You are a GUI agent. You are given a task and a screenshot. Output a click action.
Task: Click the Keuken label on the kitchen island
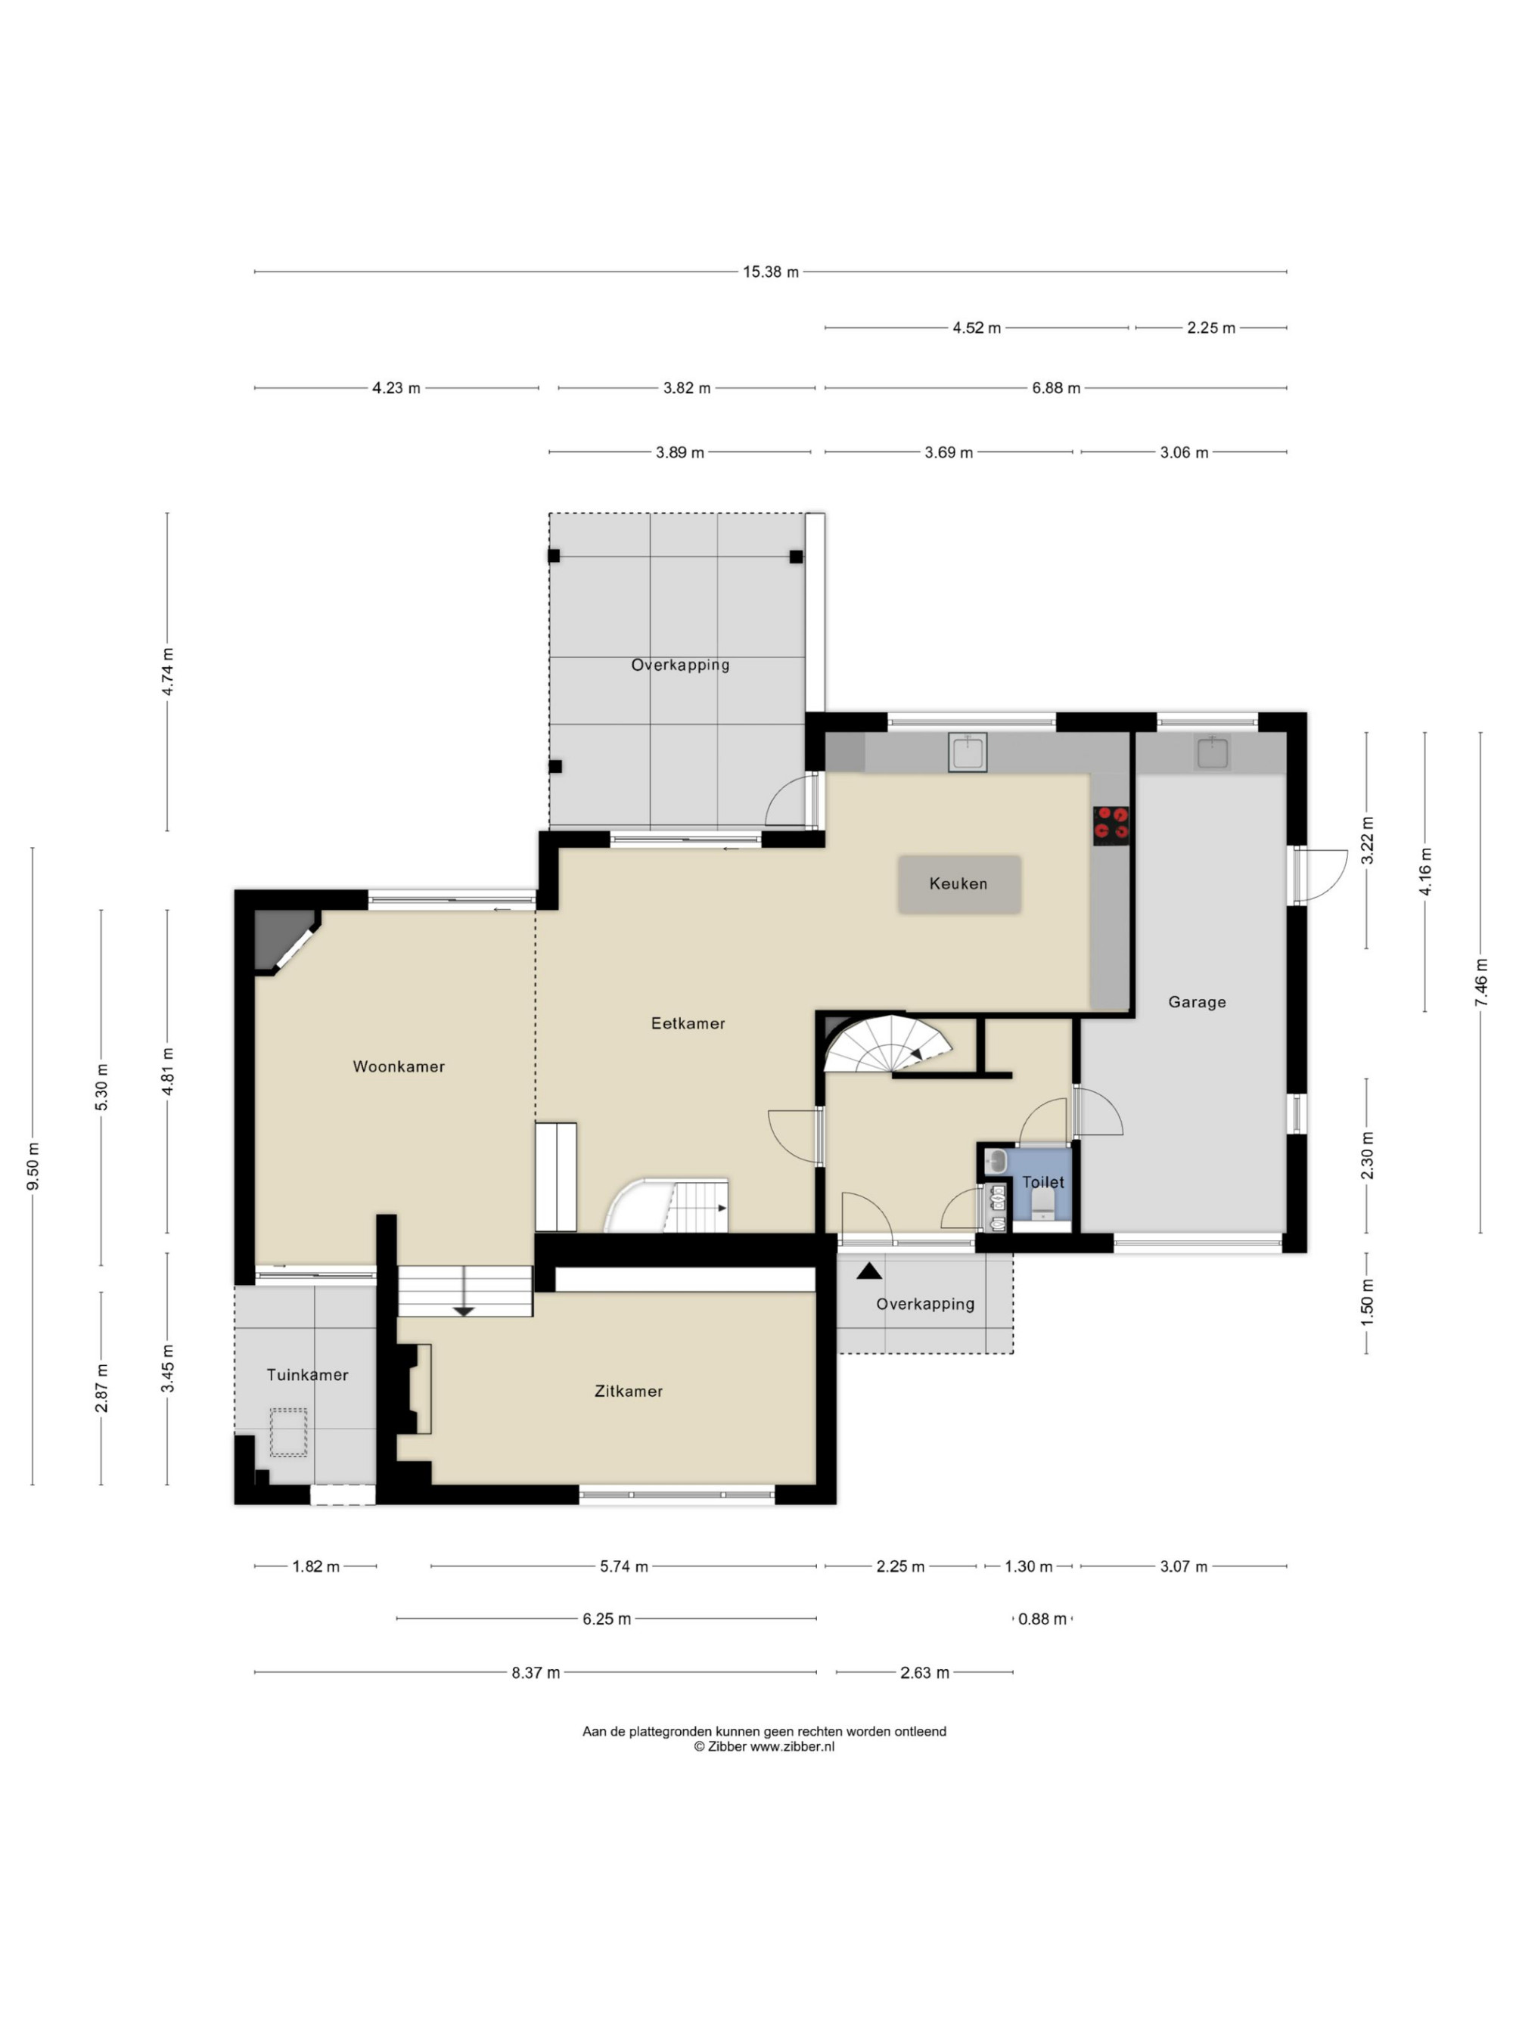pyautogui.click(x=958, y=883)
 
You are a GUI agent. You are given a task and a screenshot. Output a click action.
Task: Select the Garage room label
pyautogui.click(x=1197, y=1002)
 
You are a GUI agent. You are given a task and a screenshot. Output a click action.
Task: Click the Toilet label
pyautogui.click(x=1042, y=1182)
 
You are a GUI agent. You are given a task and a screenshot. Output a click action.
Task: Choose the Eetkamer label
pyautogui.click(x=688, y=1023)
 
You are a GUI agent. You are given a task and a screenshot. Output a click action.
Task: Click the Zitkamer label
pyautogui.click(x=629, y=1391)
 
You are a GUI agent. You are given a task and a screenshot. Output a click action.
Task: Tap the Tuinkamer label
pyautogui.click(x=307, y=1374)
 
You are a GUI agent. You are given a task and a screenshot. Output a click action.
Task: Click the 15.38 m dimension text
pyautogui.click(x=771, y=272)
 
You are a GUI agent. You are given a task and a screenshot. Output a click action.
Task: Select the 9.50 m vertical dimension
pyautogui.click(x=33, y=1166)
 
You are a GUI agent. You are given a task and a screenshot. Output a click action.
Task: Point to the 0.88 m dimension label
pyautogui.click(x=1042, y=1618)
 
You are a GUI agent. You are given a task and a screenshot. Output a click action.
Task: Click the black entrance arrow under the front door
pyautogui.click(x=869, y=1271)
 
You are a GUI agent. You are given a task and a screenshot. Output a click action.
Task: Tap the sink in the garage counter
pyautogui.click(x=1212, y=752)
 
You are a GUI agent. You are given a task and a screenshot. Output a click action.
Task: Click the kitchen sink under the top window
pyautogui.click(x=967, y=752)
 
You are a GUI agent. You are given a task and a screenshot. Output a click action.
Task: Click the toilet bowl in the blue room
pyautogui.click(x=1043, y=1207)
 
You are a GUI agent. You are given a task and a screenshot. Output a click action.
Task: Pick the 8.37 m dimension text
pyautogui.click(x=536, y=1672)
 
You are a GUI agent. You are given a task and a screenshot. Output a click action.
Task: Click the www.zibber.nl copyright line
pyautogui.click(x=764, y=1746)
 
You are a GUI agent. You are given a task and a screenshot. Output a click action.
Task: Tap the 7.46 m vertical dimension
pyautogui.click(x=1480, y=982)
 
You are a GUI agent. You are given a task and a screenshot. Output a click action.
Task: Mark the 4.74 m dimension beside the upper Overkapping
pyautogui.click(x=167, y=671)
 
